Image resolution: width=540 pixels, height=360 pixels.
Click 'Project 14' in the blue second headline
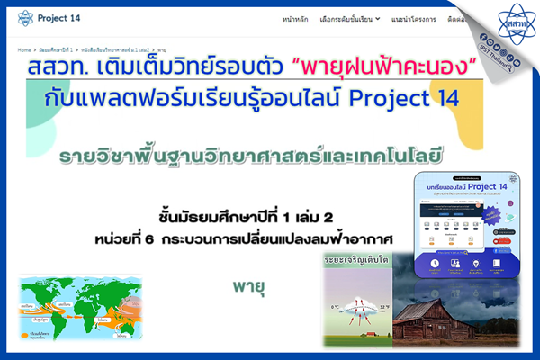coord(407,97)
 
